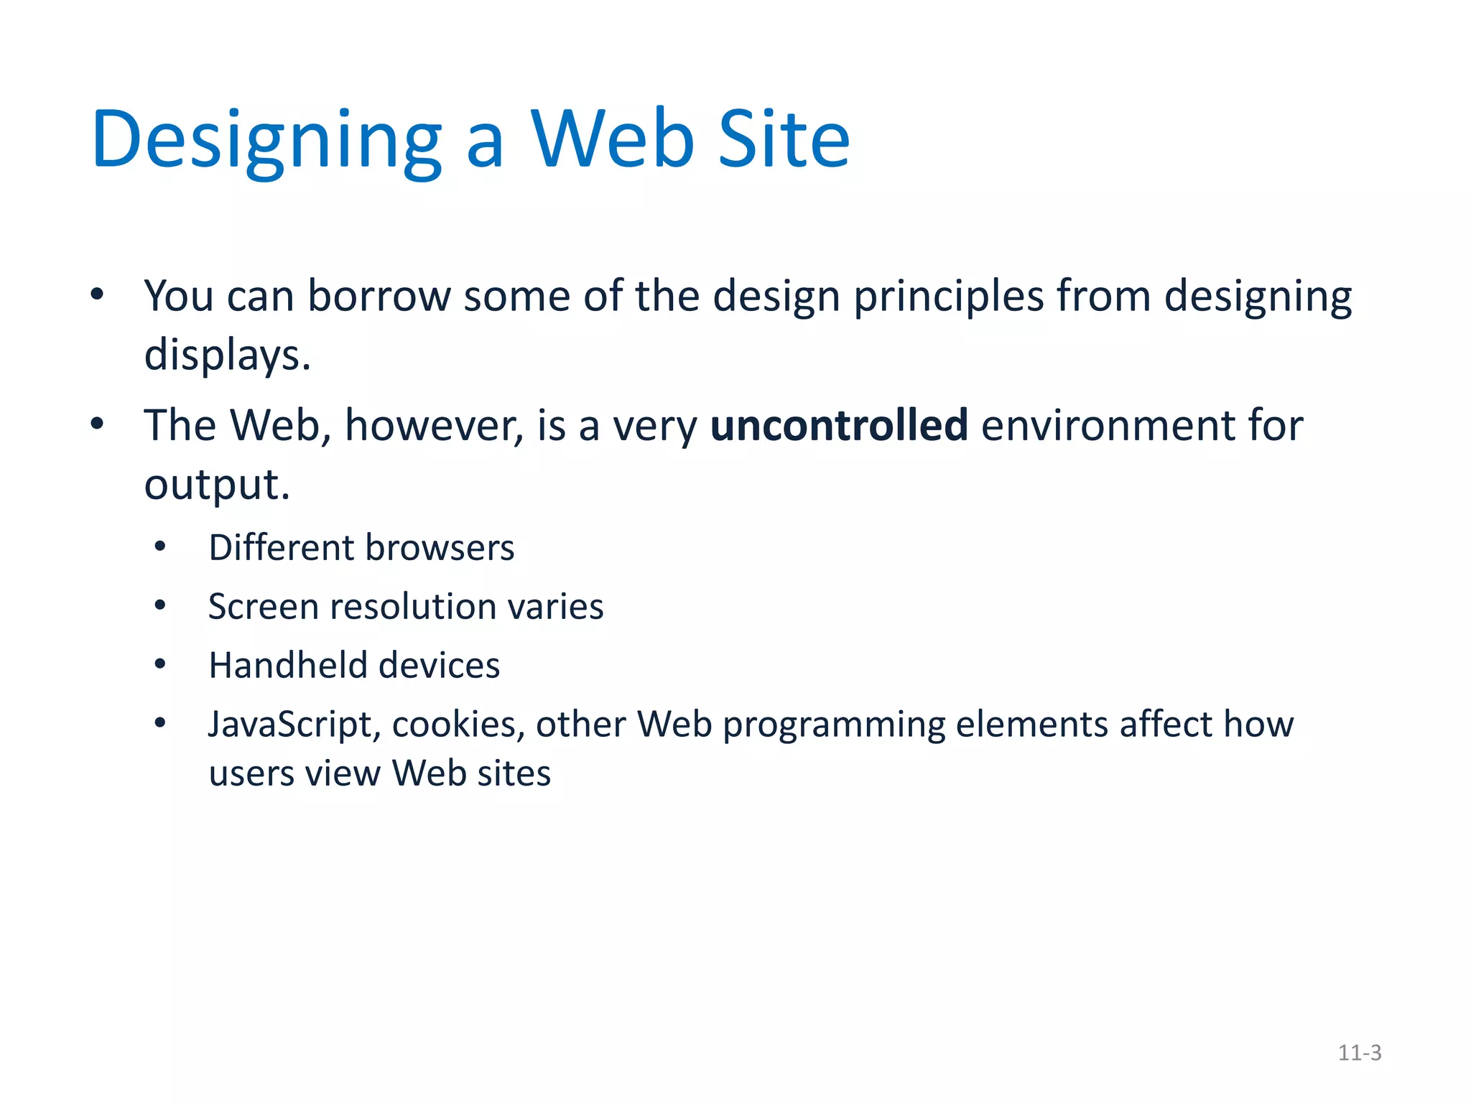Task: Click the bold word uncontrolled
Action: [838, 425]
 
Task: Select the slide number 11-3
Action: [1359, 1053]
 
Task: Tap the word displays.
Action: [227, 355]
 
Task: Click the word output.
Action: [216, 485]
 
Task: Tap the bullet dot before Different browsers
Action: [160, 547]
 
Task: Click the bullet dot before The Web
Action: [98, 424]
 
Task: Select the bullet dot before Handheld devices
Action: [160, 665]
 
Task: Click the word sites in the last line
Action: [514, 774]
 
